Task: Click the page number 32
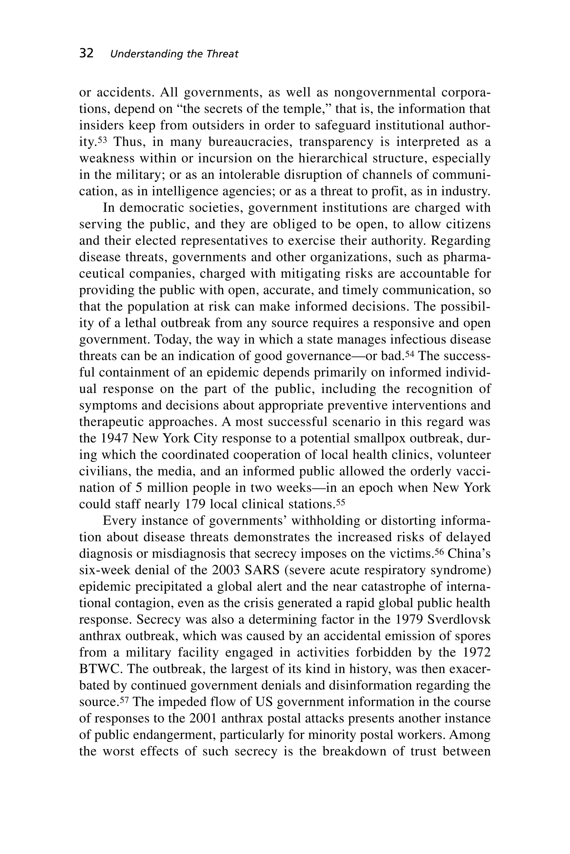click(x=86, y=53)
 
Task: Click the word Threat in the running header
click(x=222, y=54)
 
